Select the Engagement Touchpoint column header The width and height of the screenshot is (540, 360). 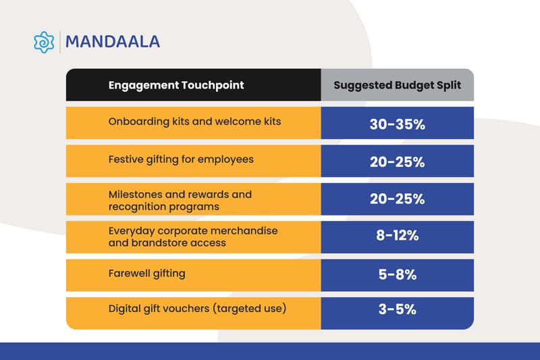tap(176, 86)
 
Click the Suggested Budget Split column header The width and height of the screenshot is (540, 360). tap(397, 86)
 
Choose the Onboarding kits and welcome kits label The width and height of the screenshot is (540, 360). tap(194, 122)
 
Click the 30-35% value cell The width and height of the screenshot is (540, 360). tap(397, 124)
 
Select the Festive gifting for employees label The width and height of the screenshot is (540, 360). tap(181, 159)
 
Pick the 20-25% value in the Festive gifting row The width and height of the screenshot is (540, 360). tap(397, 162)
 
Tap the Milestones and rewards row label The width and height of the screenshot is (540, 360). tap(180, 199)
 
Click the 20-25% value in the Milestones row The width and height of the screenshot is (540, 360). tap(397, 199)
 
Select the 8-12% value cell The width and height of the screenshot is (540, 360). tap(397, 236)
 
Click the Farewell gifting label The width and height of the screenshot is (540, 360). tap(146, 274)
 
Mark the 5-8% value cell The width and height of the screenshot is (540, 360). tap(397, 275)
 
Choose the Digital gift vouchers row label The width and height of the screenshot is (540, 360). tap(198, 309)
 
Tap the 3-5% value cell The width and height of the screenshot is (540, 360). tap(397, 310)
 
